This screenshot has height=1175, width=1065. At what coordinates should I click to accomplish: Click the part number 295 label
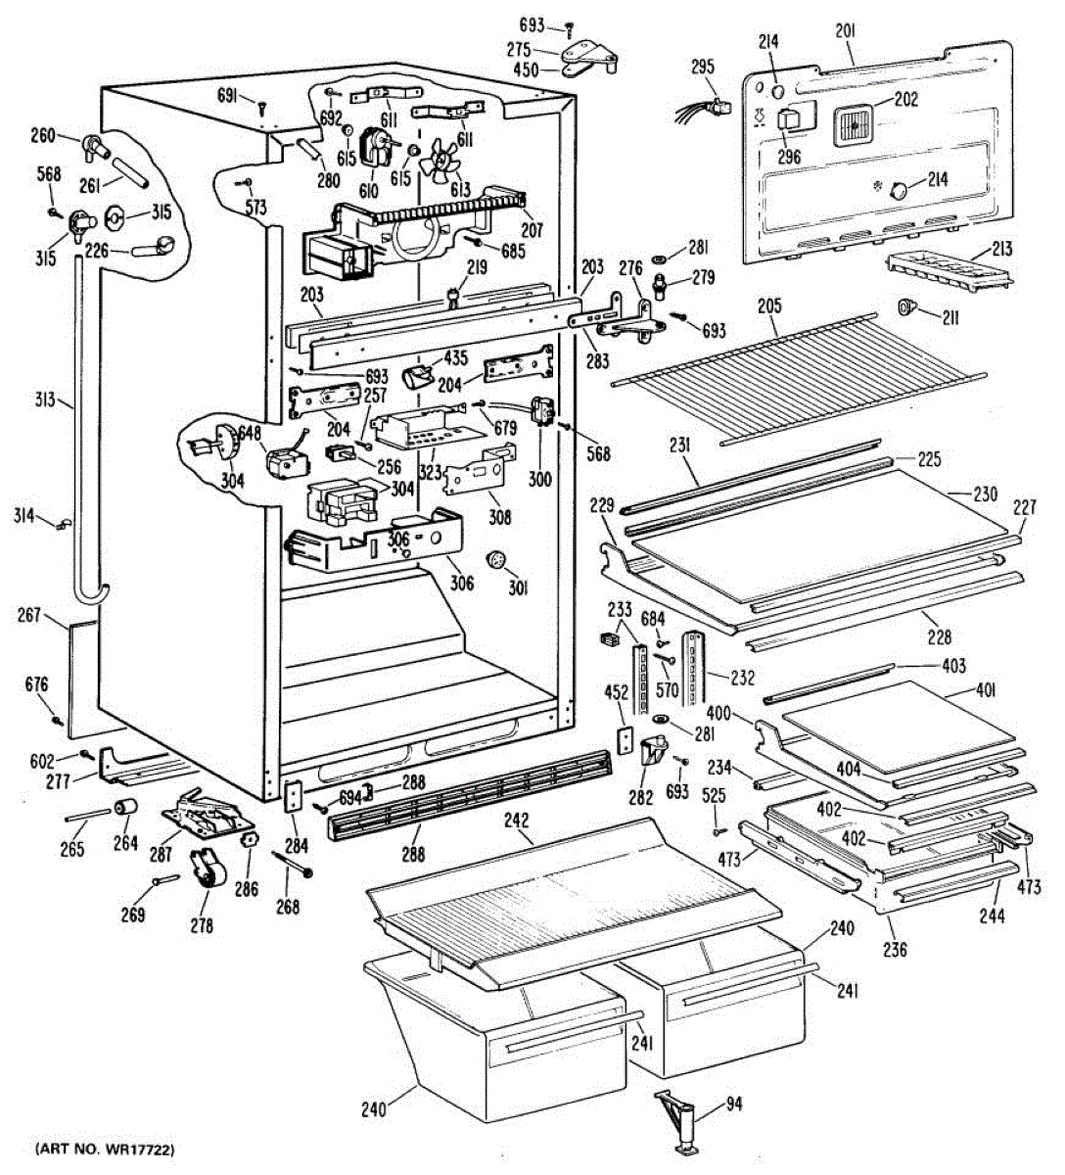point(702,68)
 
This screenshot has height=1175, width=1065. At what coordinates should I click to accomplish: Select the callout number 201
point(846,31)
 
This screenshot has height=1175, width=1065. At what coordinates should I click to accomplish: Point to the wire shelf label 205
point(769,306)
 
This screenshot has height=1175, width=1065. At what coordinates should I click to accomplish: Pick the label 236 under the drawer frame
point(895,949)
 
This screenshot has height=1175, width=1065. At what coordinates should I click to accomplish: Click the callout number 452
point(616,692)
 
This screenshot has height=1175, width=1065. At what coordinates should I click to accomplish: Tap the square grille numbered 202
point(854,125)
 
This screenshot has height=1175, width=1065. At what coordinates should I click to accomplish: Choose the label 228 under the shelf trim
point(938,636)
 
